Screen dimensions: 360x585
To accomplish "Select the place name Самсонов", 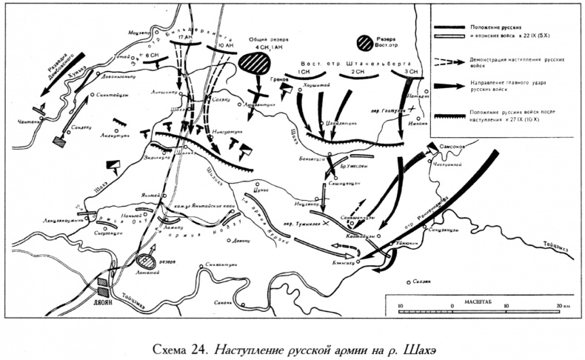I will coord(455,146).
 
